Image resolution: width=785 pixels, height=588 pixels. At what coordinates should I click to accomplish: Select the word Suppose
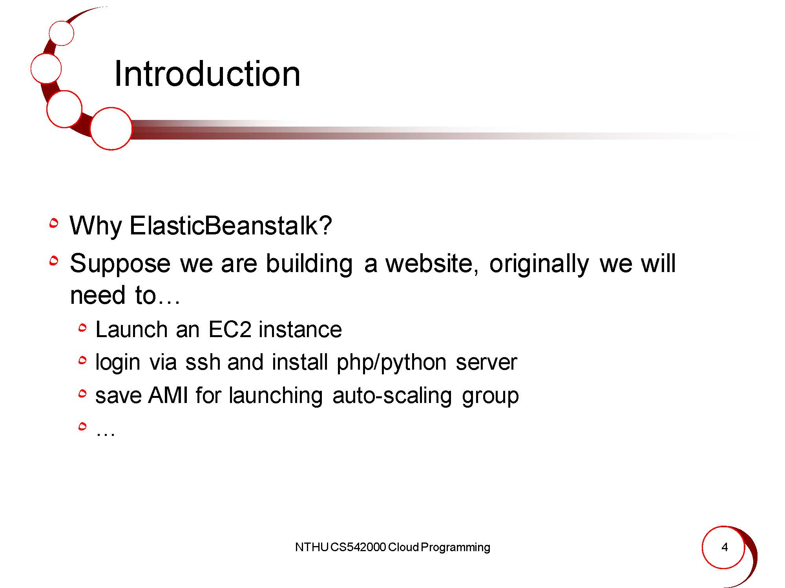point(120,264)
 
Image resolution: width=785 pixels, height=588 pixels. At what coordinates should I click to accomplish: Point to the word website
point(433,263)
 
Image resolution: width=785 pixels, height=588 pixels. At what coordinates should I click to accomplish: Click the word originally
point(539,264)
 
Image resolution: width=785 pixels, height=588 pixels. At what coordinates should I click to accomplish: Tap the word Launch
point(131,329)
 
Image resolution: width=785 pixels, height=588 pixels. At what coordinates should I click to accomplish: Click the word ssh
point(203,363)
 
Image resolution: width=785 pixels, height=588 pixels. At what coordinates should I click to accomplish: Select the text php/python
point(392,363)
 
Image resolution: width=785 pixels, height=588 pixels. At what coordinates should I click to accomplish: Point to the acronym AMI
point(168,395)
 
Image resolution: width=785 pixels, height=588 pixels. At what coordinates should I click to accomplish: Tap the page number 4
point(725,547)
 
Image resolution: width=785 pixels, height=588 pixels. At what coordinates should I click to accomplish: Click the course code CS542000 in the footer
point(358,547)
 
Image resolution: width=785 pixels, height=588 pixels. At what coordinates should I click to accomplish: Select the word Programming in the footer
point(455,548)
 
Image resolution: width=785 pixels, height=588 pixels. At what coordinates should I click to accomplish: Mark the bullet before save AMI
point(82,394)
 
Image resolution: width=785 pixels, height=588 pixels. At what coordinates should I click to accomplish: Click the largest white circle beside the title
point(111,129)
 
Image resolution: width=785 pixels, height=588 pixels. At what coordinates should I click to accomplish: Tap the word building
point(309,264)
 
